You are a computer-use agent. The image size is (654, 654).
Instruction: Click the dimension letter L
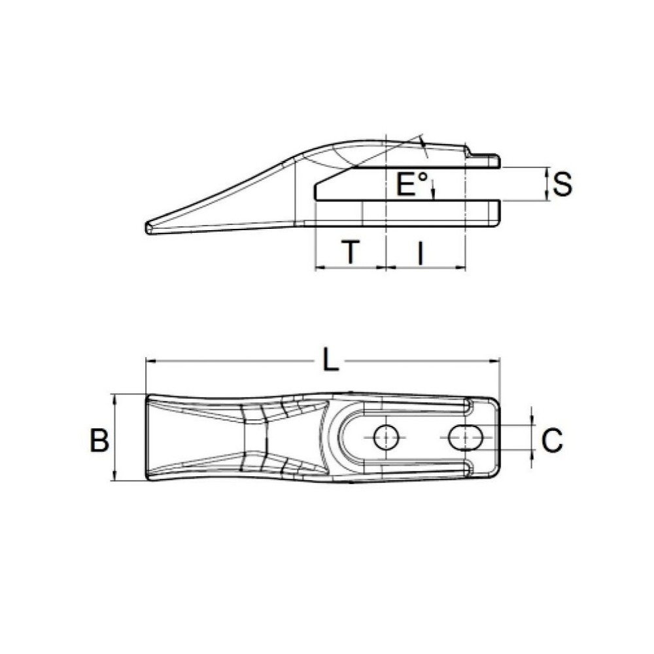332,360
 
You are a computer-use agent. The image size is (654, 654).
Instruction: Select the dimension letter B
99,440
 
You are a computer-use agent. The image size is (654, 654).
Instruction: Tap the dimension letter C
552,440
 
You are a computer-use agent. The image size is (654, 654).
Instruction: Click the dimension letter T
352,252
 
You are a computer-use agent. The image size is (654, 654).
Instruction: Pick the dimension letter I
420,252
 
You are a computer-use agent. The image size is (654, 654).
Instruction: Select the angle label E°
412,185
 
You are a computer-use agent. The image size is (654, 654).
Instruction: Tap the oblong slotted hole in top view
466,438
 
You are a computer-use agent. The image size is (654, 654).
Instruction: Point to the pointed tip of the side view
148,227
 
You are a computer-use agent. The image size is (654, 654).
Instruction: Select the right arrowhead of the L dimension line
496,360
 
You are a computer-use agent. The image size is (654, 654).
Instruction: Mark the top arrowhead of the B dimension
115,398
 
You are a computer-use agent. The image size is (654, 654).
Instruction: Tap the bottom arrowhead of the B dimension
115,478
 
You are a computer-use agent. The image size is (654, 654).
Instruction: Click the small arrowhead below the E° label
434,194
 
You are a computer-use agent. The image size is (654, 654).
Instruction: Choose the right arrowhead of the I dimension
461,267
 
